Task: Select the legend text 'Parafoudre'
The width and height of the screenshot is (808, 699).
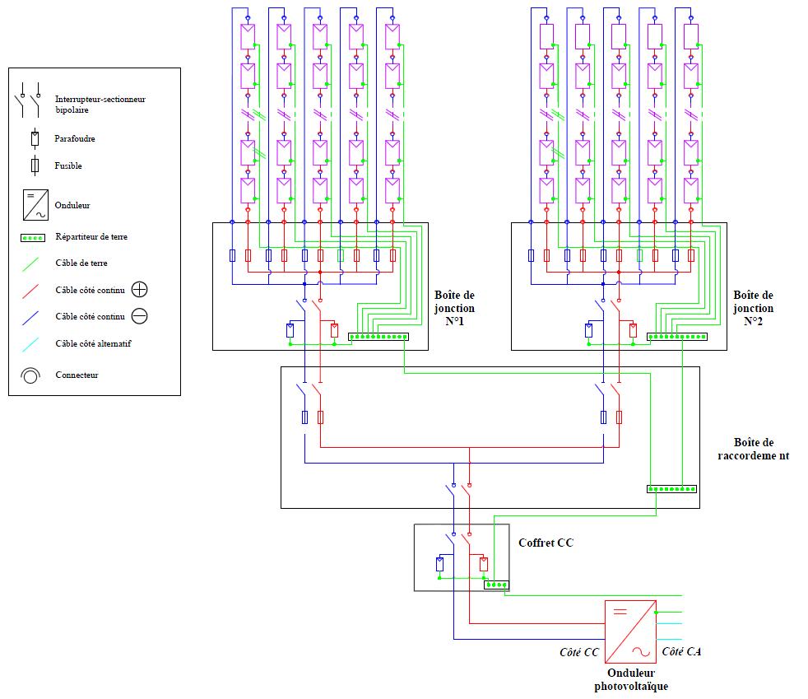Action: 75,138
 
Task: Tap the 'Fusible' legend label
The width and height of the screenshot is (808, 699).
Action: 69,165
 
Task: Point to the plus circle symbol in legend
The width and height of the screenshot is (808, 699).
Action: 140,290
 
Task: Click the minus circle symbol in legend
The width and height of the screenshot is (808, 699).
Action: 140,316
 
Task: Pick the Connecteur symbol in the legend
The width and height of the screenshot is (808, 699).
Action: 30,375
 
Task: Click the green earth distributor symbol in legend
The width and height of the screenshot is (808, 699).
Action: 32,237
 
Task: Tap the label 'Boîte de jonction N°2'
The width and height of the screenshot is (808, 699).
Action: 754,308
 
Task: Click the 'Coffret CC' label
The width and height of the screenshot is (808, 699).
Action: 546,543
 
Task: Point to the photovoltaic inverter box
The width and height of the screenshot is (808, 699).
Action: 630,631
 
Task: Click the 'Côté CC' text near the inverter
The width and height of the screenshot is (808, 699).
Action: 579,652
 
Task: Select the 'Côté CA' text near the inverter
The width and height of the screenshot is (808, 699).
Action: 682,652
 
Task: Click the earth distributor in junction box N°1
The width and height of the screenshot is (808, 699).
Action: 378,337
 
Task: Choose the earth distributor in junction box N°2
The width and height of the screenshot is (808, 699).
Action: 676,337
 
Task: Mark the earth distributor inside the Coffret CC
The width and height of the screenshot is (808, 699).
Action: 496,585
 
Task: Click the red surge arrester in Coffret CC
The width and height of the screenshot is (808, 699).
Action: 484,565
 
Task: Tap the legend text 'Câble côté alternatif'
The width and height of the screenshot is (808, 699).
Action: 93,343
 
